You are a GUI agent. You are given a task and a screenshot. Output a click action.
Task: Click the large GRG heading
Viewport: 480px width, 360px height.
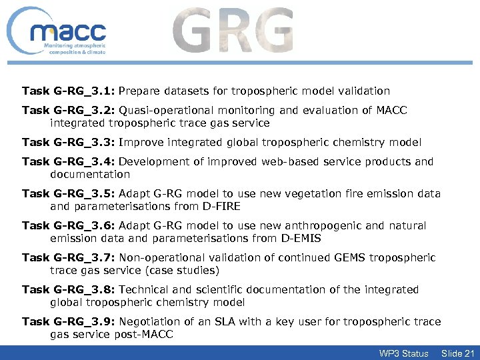click(x=233, y=31)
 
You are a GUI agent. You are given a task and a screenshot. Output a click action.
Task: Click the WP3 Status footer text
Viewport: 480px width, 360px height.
click(x=403, y=353)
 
